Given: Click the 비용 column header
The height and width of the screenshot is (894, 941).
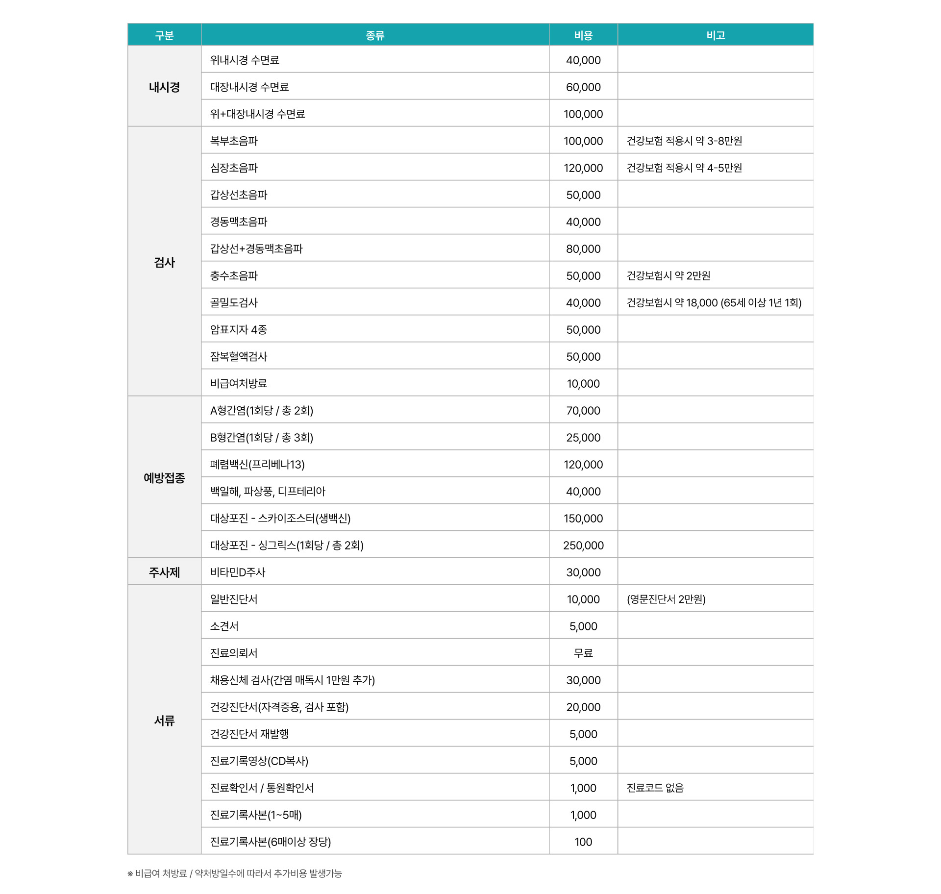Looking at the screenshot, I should pyautogui.click(x=583, y=35).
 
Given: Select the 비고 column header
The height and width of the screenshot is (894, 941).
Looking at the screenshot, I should pyautogui.click(x=716, y=35).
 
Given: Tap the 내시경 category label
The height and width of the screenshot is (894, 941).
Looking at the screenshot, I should pyautogui.click(x=164, y=87).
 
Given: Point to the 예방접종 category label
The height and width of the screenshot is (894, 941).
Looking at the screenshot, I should pyautogui.click(x=164, y=477).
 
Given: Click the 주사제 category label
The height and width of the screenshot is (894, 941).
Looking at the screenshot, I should pyautogui.click(x=164, y=572).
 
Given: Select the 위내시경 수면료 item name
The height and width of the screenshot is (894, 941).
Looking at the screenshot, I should pyautogui.click(x=245, y=60).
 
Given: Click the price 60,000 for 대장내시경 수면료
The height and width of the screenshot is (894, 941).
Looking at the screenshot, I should pyautogui.click(x=583, y=87).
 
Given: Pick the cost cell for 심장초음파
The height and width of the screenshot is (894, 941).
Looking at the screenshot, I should pyautogui.click(x=583, y=168).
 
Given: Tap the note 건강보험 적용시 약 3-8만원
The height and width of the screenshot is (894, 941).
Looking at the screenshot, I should pyautogui.click(x=684, y=141).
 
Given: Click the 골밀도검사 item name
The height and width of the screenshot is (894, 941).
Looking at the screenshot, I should pyautogui.click(x=234, y=302).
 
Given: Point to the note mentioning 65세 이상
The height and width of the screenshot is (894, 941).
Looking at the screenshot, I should pyautogui.click(x=714, y=302).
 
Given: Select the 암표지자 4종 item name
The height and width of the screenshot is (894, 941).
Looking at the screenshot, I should pyautogui.click(x=239, y=329).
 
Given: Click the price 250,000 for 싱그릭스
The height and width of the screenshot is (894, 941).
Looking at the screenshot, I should pyautogui.click(x=583, y=545).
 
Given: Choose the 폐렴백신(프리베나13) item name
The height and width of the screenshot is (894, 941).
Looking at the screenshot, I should pyautogui.click(x=257, y=464).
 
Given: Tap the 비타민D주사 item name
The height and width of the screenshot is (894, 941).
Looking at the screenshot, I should pyautogui.click(x=238, y=572).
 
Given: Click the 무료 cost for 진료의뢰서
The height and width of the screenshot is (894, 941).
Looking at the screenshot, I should pyautogui.click(x=583, y=653).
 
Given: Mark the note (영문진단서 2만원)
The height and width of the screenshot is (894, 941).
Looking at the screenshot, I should pyautogui.click(x=666, y=599).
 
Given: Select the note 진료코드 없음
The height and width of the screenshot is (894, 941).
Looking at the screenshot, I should pyautogui.click(x=655, y=788).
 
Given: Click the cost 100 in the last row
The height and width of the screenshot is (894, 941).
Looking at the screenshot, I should pyautogui.click(x=583, y=842).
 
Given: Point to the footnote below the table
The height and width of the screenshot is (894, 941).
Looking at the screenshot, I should pyautogui.click(x=235, y=873).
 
